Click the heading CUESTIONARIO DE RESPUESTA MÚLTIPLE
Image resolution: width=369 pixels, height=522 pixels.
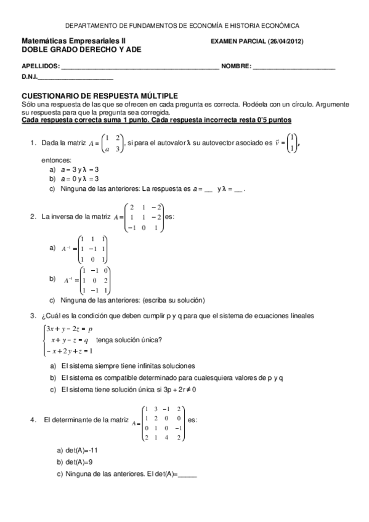tap(100, 96)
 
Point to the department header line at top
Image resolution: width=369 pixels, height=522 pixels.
tap(182, 26)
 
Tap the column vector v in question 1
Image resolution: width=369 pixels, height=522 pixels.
tap(293, 144)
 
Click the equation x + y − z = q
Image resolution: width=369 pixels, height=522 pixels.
tap(70, 340)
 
